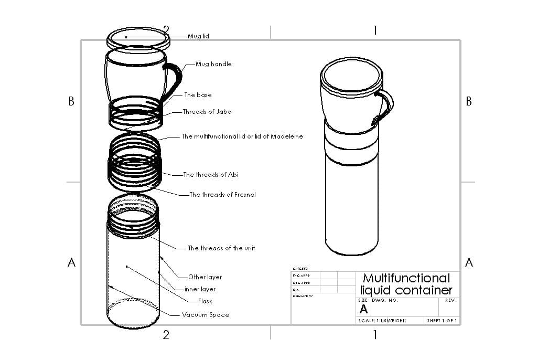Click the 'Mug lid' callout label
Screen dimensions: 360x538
(x=199, y=36)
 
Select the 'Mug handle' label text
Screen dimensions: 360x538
(x=213, y=64)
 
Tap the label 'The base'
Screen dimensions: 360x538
(x=198, y=95)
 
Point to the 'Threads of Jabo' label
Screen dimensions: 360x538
(x=207, y=112)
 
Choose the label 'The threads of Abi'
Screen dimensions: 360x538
(x=211, y=175)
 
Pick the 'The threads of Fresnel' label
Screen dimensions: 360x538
(x=222, y=195)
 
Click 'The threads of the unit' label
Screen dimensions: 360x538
(x=221, y=248)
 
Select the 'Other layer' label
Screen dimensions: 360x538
(x=205, y=277)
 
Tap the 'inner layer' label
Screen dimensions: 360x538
(x=200, y=289)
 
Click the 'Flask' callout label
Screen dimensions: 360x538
(x=205, y=301)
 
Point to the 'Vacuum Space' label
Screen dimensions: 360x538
(x=206, y=315)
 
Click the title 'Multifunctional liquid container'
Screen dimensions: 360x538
(x=406, y=284)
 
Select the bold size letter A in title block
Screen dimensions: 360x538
(x=363, y=310)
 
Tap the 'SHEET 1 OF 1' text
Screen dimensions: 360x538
(x=442, y=320)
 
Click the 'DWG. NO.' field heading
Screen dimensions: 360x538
(x=385, y=301)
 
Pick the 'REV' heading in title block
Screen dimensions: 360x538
(x=449, y=301)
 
